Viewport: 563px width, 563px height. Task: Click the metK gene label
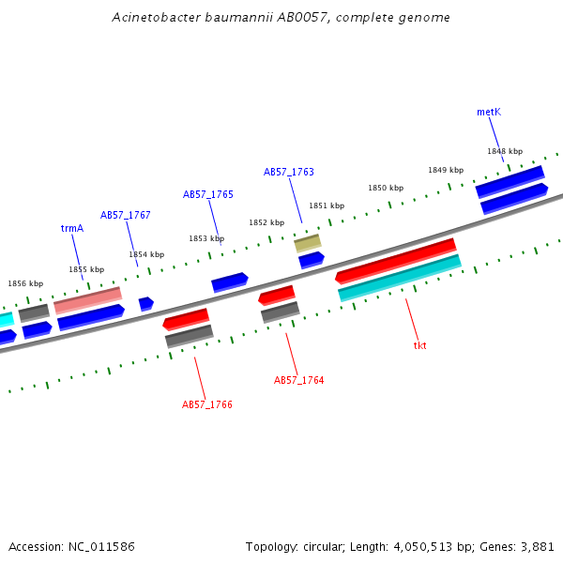488,112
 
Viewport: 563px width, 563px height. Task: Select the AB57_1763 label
288,172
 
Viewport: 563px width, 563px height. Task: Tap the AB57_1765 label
207,194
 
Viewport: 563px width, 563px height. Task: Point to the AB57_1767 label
126,215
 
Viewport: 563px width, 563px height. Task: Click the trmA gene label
72,228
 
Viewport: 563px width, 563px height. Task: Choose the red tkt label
419,345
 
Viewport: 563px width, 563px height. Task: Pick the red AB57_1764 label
298,380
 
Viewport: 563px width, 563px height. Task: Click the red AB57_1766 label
206,404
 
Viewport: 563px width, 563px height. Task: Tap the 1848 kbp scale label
503,151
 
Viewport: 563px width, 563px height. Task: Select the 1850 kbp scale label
385,188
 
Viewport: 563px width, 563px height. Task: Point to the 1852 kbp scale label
266,222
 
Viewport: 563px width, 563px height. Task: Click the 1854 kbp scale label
146,254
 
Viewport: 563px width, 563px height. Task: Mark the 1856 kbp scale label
25,283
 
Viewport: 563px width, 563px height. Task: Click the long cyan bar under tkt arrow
399,279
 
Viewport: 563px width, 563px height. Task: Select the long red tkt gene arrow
395,260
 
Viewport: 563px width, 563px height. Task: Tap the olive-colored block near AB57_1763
307,243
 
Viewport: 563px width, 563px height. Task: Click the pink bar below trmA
88,300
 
